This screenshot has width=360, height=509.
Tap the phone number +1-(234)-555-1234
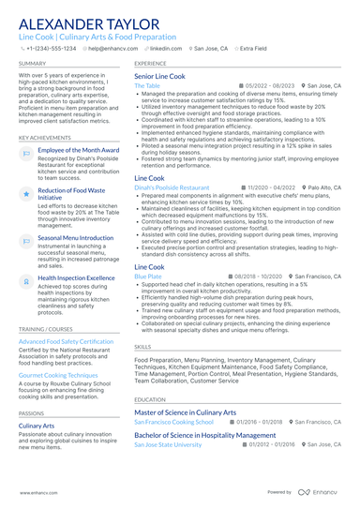52,47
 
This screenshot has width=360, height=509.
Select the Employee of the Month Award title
79,150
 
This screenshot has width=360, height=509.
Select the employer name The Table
147,85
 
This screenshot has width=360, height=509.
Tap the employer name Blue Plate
148,277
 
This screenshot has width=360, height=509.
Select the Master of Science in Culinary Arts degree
186,412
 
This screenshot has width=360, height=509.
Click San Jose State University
168,444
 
